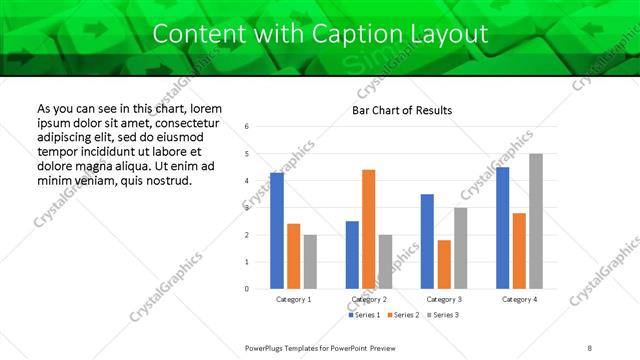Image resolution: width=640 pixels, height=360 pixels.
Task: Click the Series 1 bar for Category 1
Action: [x=277, y=230]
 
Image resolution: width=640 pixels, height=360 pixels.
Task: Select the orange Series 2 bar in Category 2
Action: [x=368, y=229]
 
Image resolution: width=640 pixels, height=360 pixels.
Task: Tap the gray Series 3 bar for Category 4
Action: [x=536, y=221]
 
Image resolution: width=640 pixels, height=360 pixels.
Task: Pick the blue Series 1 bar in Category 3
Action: [x=427, y=241]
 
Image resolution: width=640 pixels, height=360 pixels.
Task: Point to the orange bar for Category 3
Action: [x=444, y=264]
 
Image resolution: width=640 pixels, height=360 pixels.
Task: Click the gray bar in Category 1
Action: [x=310, y=261]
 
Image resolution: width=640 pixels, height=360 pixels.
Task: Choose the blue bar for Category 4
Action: [x=502, y=227]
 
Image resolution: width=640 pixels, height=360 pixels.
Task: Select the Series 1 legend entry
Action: [x=365, y=315]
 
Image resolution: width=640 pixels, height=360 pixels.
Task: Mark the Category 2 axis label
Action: [x=369, y=299]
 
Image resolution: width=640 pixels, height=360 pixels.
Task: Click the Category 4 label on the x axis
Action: [x=519, y=299]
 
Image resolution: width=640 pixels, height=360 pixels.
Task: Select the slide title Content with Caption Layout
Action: [x=320, y=34]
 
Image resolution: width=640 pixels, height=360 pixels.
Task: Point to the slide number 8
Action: [x=590, y=347]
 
